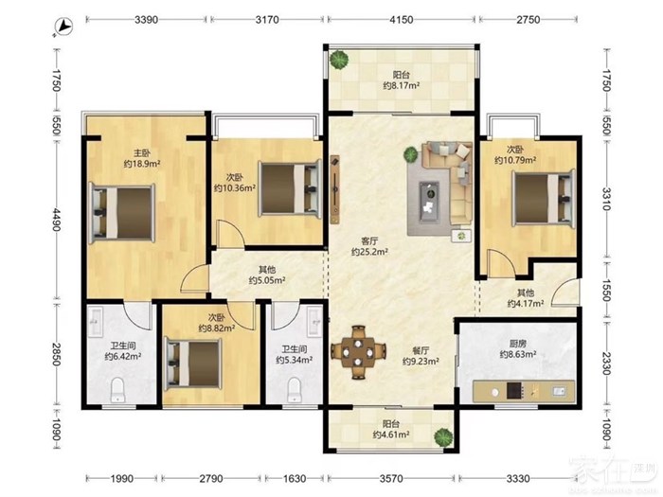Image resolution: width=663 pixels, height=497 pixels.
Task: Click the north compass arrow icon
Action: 64,27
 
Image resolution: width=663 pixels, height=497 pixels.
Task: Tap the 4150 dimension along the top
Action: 401,20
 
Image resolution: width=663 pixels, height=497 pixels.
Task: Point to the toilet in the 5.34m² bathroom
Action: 294,390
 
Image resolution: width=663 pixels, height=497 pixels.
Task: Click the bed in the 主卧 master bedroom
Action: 122,213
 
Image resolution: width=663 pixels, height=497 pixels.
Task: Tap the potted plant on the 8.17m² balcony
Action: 339,60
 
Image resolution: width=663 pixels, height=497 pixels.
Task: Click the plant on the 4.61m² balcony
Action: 443,437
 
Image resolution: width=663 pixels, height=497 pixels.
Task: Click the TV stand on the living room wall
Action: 335,189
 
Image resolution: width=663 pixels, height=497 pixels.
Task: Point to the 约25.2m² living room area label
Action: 369,253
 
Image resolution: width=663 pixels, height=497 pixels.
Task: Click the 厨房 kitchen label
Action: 518,344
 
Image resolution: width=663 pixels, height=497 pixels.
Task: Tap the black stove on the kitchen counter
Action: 514,391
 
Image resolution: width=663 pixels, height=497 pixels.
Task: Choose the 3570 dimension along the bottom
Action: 391,479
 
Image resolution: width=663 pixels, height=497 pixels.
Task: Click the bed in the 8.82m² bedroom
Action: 193,364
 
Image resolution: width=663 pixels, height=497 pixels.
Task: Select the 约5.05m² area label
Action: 267,280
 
